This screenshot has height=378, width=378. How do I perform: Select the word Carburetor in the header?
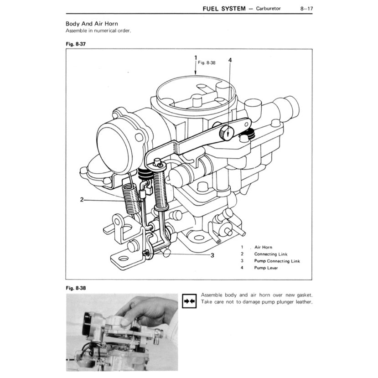pyautogui.click(x=269, y=8)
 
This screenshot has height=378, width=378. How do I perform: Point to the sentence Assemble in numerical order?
pyautogui.click(x=98, y=31)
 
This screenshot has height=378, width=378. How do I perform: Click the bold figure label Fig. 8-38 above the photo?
pyautogui.click(x=76, y=288)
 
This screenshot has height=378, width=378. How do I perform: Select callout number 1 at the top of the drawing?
pyautogui.click(x=196, y=58)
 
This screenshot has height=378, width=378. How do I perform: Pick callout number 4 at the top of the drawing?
pyautogui.click(x=230, y=60)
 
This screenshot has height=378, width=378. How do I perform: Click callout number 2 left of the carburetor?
pyautogui.click(x=82, y=199)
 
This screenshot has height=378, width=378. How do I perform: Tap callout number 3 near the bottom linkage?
pyautogui.click(x=212, y=255)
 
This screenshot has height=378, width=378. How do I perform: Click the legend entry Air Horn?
pyautogui.click(x=263, y=247)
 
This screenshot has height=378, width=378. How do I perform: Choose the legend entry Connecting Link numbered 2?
pyautogui.click(x=271, y=254)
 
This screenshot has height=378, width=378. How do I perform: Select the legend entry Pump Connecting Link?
pyautogui.click(x=277, y=261)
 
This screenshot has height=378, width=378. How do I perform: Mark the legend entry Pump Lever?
pyautogui.click(x=266, y=268)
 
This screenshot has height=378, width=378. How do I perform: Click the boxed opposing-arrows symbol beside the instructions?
pyautogui.click(x=189, y=301)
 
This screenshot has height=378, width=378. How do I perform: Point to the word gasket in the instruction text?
pyautogui.click(x=303, y=295)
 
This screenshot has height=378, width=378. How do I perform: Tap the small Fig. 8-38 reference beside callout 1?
pyautogui.click(x=207, y=63)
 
